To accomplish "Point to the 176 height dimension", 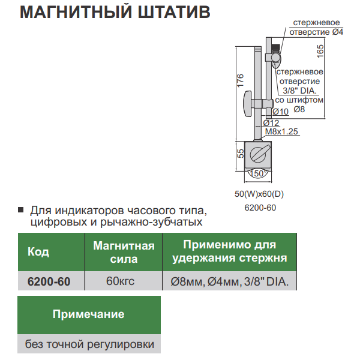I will click(x=239, y=81).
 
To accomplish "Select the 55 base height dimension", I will click(x=239, y=154).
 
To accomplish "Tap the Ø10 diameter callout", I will click(x=281, y=111).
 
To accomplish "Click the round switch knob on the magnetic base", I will click(x=258, y=152).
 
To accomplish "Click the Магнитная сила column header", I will click(x=124, y=252).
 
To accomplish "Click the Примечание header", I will click(x=89, y=314).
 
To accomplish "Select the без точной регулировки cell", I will click(x=89, y=344).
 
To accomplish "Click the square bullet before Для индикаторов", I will click(x=21, y=211).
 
